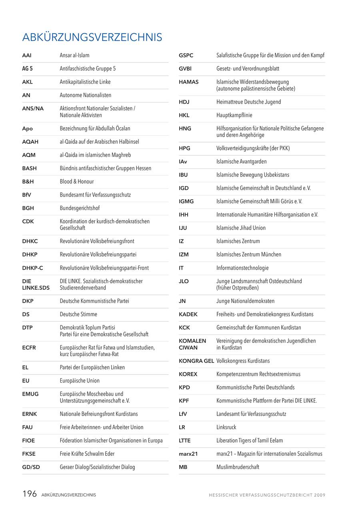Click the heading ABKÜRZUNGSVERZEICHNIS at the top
(x=92, y=37)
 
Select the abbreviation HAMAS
(x=189, y=82)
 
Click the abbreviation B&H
(x=28, y=182)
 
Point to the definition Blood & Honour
(x=77, y=182)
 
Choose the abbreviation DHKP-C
(x=32, y=268)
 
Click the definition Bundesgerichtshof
(x=80, y=208)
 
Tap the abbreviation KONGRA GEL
(x=196, y=361)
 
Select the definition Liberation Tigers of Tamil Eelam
(x=250, y=441)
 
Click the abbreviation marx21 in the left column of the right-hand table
(x=188, y=454)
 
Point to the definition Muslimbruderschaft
(x=238, y=467)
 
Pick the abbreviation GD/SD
(x=31, y=467)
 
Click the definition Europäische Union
(x=80, y=381)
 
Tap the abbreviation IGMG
(x=186, y=202)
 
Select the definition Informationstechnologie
(x=242, y=268)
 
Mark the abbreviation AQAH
(x=30, y=142)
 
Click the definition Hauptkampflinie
(x=234, y=115)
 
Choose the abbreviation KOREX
(x=188, y=374)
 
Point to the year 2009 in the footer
(x=320, y=495)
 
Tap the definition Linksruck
(x=226, y=427)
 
